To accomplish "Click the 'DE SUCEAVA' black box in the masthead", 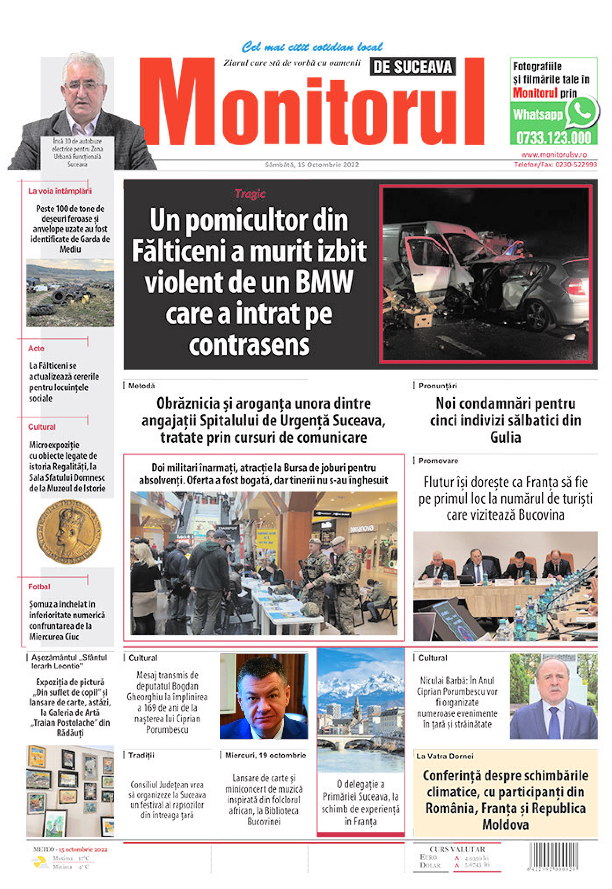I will tap(413, 67).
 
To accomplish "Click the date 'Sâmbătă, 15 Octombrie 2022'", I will tap(312, 165).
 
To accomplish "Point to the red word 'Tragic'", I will tap(250, 194).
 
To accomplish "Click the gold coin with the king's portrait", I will tap(69, 531).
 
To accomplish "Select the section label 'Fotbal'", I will tap(39, 586).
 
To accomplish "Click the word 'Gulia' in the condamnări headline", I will tap(505, 437).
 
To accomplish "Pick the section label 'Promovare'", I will tap(438, 461).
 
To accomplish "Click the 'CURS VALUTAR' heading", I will tap(457, 849).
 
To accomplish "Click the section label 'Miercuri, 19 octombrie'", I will tap(265, 755).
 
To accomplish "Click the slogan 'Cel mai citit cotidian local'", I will tap(312, 47).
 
